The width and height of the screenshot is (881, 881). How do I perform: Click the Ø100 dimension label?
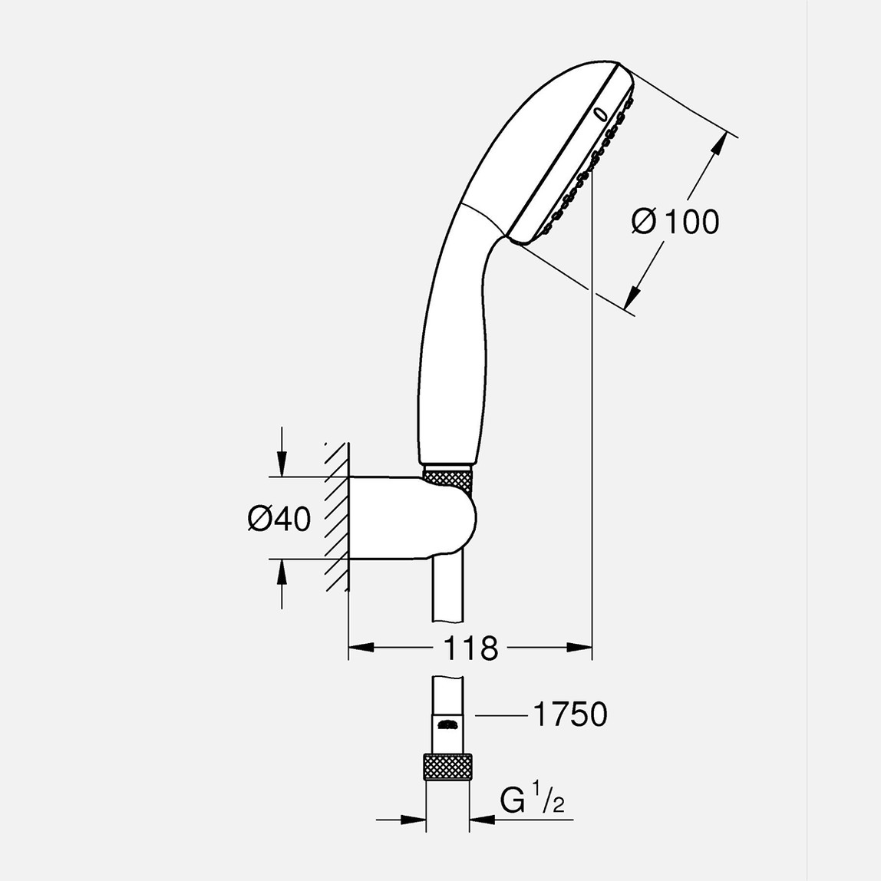(675, 222)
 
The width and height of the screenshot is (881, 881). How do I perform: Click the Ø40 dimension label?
(279, 519)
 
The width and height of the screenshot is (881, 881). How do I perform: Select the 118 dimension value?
(470, 649)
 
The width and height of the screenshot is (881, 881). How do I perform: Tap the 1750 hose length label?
(569, 714)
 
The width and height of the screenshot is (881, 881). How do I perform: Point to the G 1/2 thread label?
(533, 800)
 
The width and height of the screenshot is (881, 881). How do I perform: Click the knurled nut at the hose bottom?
(447, 767)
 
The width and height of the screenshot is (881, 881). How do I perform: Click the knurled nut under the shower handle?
(449, 478)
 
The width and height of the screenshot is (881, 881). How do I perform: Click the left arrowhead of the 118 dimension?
(361, 648)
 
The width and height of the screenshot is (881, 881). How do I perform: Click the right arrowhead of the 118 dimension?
(580, 648)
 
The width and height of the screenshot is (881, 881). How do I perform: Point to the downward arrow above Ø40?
(282, 464)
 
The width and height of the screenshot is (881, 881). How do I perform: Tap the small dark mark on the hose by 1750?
(447, 724)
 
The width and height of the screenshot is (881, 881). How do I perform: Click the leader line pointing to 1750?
(500, 715)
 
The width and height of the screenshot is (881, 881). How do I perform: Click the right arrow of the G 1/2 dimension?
(483, 820)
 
